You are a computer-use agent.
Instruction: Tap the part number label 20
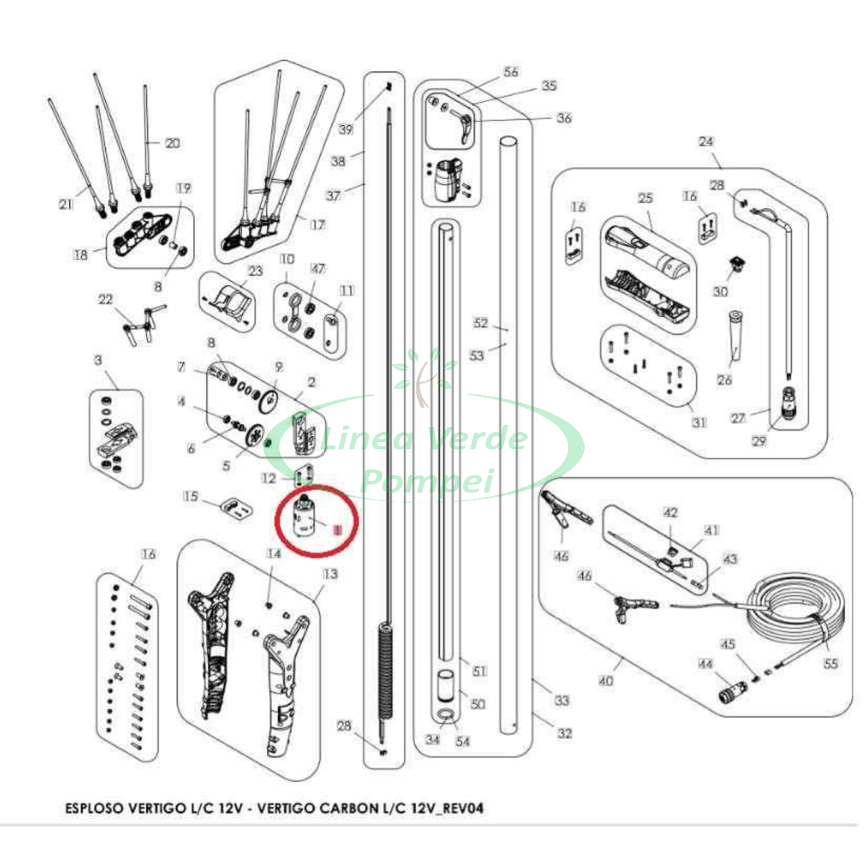click(173, 143)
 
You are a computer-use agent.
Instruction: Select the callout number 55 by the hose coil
click(831, 663)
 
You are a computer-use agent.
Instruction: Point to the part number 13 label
click(330, 574)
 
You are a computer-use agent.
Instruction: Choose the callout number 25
click(644, 198)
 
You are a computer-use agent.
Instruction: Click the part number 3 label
click(99, 360)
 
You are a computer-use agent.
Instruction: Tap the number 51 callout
click(479, 671)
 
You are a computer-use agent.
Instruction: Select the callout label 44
click(705, 664)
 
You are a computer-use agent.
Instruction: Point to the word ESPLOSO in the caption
click(96, 808)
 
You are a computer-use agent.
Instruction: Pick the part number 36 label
click(564, 117)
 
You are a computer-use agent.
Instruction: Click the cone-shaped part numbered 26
click(734, 336)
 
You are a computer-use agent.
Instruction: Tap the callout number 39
click(346, 129)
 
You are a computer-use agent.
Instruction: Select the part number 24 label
click(706, 141)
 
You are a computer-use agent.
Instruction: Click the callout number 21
click(66, 204)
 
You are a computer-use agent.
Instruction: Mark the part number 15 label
click(191, 496)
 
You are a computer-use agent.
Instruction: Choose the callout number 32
click(565, 733)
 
